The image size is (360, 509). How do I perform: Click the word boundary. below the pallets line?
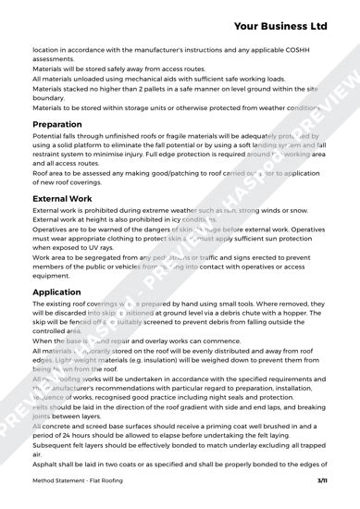pyautogui.click(x=50, y=97)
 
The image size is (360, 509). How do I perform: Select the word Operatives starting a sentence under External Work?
pyautogui.click(x=52, y=230)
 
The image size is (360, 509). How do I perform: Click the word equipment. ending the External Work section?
pyautogui.click(x=55, y=276)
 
